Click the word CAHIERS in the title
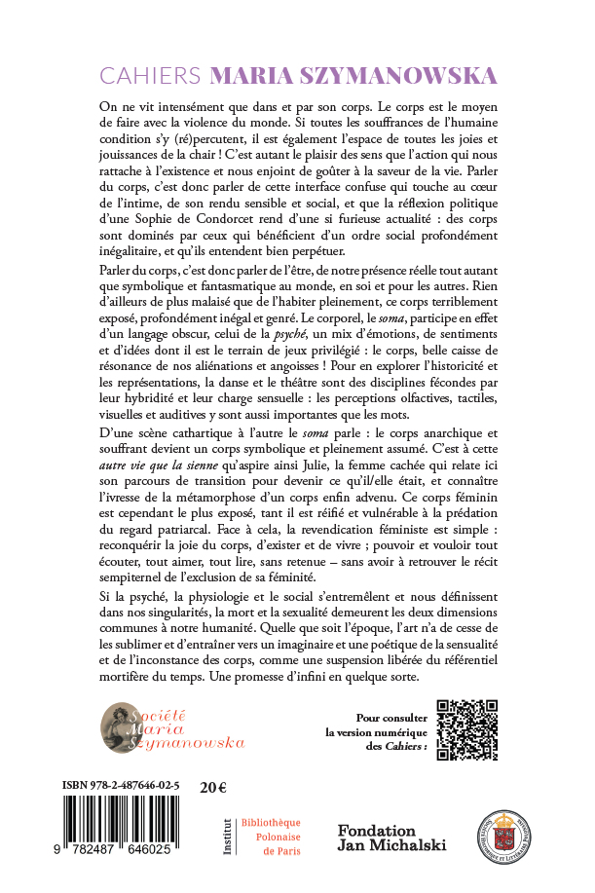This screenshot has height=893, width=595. (x=152, y=76)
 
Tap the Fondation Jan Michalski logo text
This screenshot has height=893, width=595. (x=390, y=837)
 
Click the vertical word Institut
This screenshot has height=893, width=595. (x=226, y=837)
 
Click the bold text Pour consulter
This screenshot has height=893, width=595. (x=381, y=714)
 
